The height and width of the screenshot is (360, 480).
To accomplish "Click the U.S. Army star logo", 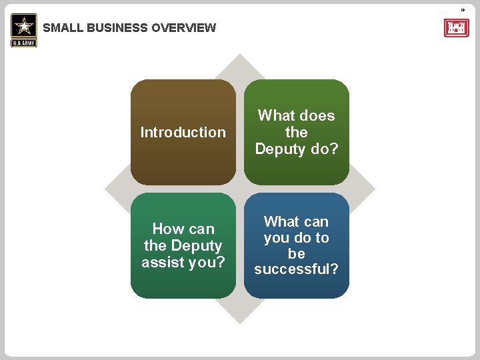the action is point(24,26).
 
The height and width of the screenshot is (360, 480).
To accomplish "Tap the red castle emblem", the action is point(456,28).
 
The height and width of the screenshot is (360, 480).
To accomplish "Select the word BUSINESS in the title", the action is point(117,28).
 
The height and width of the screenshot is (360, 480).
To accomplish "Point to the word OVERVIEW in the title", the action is point(184,28).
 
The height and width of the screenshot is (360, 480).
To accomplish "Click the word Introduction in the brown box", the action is point(183,132).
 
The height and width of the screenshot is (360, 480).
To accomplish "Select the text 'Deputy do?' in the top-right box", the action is point(297,149).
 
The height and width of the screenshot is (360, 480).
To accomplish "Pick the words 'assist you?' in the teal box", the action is point(183,263).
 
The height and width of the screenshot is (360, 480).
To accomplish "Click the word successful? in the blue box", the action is point(297,269).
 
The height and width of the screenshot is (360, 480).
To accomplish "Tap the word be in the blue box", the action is point(297,253).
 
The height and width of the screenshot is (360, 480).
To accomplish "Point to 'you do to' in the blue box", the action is point(297,237).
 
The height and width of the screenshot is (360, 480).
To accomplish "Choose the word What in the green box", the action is point(276,115).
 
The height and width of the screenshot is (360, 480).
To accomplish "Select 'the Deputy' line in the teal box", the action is point(183,246).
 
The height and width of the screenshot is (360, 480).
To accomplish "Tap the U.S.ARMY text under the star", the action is point(24,43).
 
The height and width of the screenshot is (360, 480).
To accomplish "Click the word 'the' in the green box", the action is point(297,132).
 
